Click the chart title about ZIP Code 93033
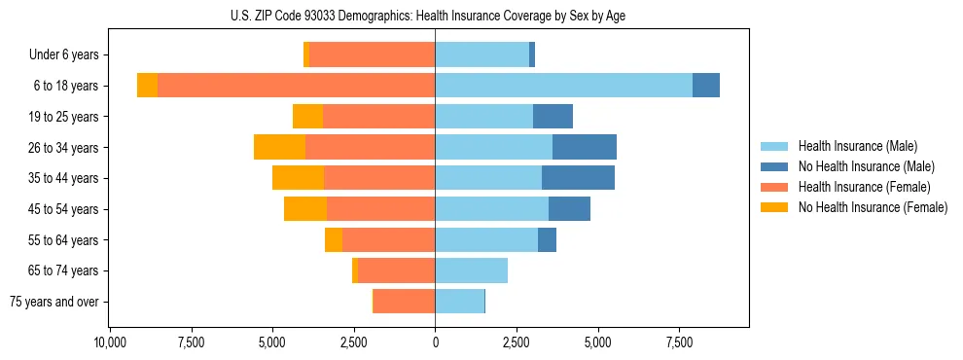(435, 15)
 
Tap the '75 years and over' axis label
(54, 302)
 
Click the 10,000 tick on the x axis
(110, 342)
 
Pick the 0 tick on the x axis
(435, 342)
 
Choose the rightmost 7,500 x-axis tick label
(679, 342)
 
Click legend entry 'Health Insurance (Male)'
(857, 146)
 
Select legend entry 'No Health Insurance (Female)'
(873, 207)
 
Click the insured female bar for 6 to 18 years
(296, 86)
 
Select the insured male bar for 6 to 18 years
(563, 86)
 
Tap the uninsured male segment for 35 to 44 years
(578, 178)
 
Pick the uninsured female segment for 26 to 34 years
(279, 147)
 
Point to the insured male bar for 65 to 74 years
(471, 270)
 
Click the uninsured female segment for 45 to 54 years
(305, 209)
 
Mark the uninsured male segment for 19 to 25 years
(553, 117)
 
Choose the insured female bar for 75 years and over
(404, 302)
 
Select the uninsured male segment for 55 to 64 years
(547, 239)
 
